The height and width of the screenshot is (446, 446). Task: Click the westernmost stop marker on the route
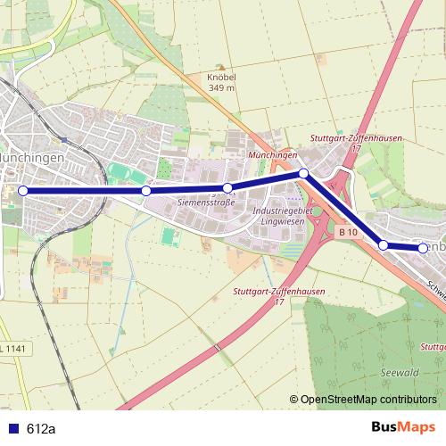coord(23,190)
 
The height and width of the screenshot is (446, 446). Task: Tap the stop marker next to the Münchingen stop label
coord(303,173)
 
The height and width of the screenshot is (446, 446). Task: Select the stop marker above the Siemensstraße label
coord(227,187)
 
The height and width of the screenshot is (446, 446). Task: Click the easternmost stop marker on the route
coord(423,249)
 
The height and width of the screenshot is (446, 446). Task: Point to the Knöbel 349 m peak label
coord(221,83)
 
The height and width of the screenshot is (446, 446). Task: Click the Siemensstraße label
coord(206,202)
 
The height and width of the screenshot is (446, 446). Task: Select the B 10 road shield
coord(348,232)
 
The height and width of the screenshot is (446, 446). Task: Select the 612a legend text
coord(41,429)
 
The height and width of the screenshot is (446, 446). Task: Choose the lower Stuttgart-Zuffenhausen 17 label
coord(278,297)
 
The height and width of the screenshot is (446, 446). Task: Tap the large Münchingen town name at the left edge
coord(32,156)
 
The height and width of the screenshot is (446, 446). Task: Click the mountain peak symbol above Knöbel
coord(221,67)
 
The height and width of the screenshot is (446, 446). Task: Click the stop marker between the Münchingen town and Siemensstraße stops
coord(146,190)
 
